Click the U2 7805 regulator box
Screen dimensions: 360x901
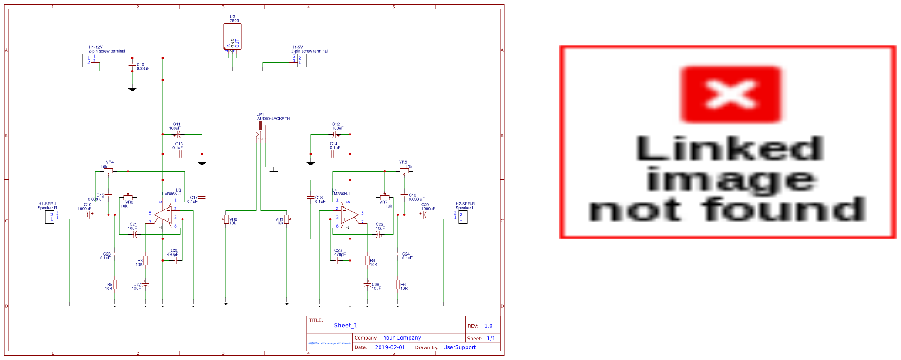(x=232, y=36)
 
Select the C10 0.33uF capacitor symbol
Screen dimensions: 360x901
(x=132, y=65)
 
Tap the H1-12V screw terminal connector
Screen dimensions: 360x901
(x=86, y=60)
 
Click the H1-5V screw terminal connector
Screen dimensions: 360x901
(x=302, y=60)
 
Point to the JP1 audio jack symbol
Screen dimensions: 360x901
(x=260, y=131)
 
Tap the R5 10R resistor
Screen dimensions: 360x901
(x=115, y=284)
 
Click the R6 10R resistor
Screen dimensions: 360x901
(x=397, y=284)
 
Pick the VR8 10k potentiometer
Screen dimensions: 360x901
(x=226, y=219)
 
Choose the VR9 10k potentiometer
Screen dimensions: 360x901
(x=286, y=219)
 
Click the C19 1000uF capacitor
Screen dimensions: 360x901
(x=89, y=215)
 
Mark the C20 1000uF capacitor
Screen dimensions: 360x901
(x=424, y=214)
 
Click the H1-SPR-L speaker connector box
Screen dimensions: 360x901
(x=50, y=217)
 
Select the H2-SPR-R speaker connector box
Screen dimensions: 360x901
(x=463, y=217)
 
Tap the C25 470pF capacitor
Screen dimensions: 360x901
(x=175, y=260)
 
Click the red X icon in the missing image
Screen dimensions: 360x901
(x=731, y=94)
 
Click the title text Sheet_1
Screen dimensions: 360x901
(x=346, y=325)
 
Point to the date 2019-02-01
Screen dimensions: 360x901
(x=390, y=347)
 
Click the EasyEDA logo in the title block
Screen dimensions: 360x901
(x=329, y=343)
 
